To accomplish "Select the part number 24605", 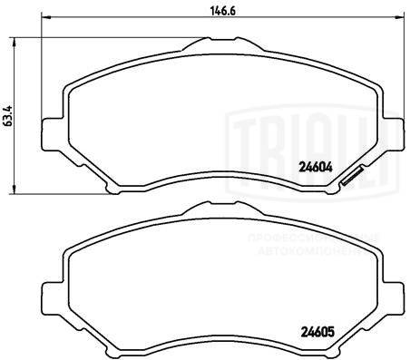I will (x=314, y=331).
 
